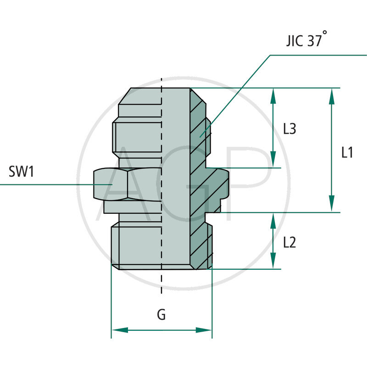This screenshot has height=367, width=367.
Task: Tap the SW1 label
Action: point(22,172)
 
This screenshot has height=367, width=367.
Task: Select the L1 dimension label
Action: point(347,152)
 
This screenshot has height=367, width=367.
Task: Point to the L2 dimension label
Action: point(289,242)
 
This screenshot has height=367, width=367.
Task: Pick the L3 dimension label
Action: point(289,129)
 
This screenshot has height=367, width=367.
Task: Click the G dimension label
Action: point(161,315)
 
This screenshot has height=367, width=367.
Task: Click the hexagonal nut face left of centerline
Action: point(110,184)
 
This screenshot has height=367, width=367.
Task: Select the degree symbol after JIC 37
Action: point(325,33)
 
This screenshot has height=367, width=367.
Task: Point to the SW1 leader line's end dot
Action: point(111,184)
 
